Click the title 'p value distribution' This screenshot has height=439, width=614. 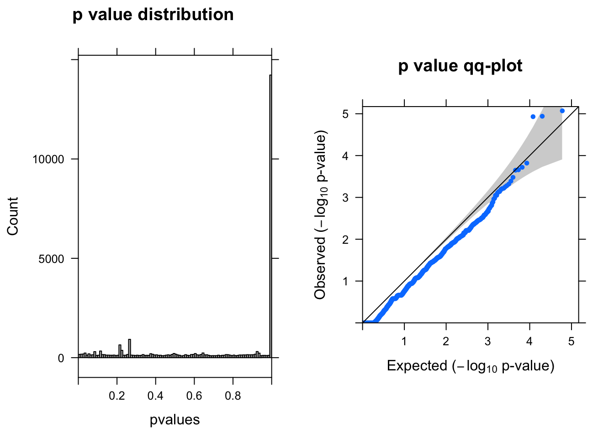[x=153, y=15]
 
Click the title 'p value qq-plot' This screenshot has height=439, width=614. [x=460, y=66]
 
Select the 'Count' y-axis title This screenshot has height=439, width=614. [x=13, y=216]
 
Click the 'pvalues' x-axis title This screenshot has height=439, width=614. [x=175, y=420]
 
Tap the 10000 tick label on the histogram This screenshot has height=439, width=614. [x=48, y=160]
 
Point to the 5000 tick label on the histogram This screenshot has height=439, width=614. [x=52, y=259]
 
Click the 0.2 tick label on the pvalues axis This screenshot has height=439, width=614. [x=117, y=396]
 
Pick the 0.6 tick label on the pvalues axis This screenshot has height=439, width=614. [x=194, y=396]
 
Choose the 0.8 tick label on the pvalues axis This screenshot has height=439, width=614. [x=233, y=396]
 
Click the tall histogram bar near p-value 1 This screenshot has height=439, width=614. [x=270, y=215]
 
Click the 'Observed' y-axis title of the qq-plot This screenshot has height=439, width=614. [x=321, y=216]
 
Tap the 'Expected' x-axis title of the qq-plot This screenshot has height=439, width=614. [x=471, y=366]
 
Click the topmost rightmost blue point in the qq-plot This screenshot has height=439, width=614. [x=562, y=111]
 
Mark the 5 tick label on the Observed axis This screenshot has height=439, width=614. [x=345, y=114]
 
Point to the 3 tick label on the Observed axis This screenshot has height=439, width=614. [x=345, y=198]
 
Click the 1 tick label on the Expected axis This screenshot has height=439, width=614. [x=404, y=342]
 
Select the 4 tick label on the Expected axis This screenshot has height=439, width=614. [x=529, y=342]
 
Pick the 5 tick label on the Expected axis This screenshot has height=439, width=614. [x=571, y=342]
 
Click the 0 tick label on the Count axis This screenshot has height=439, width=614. [x=61, y=358]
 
